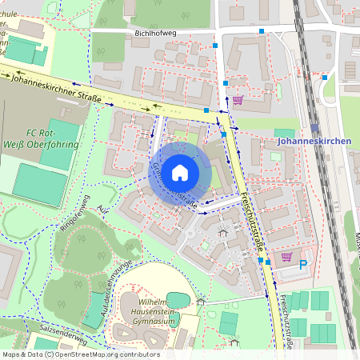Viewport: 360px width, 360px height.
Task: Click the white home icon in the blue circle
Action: pyautogui.click(x=180, y=172)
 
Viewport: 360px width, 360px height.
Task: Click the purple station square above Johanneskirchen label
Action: pyautogui.click(x=315, y=127)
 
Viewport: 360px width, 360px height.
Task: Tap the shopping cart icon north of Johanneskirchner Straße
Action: pyautogui.click(x=238, y=100)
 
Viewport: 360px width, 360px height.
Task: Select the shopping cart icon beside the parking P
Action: pyautogui.click(x=286, y=257)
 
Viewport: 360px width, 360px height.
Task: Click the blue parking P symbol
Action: pyautogui.click(x=302, y=264)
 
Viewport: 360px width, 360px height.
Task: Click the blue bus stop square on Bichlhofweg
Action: pyautogui.click(x=262, y=31)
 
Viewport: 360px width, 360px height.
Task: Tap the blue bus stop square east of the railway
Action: pyautogui.click(x=325, y=78)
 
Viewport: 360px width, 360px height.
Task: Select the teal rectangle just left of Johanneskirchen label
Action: pyautogui.click(x=283, y=133)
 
